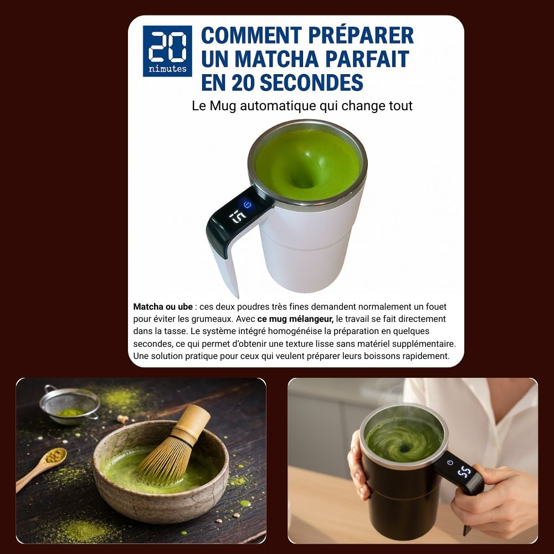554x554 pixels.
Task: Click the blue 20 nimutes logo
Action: [167, 51]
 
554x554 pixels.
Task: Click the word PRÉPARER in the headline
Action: [361, 35]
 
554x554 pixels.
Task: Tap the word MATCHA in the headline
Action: [276, 59]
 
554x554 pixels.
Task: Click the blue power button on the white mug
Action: [247, 204]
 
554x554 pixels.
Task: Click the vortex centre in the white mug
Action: [304, 180]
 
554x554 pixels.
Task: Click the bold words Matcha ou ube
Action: [163, 307]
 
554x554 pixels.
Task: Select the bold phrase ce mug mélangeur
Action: [295, 319]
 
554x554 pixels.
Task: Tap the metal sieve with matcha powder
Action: [70, 406]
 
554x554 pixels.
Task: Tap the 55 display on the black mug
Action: [464, 471]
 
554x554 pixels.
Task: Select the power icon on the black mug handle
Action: [450, 462]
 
